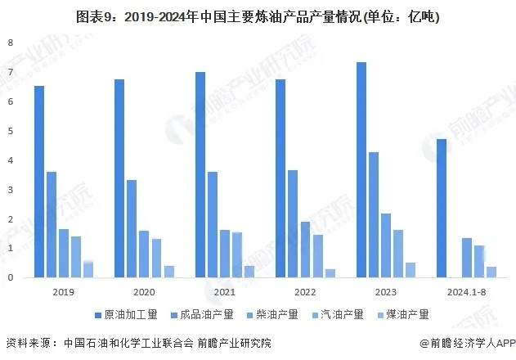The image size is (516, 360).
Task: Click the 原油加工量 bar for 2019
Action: pos(39,182)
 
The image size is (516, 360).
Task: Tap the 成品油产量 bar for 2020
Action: pos(132,229)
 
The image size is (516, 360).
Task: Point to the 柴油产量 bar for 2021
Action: pos(224,254)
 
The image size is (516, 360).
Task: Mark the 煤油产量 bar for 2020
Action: pos(169,272)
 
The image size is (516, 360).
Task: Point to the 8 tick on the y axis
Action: pos(10,43)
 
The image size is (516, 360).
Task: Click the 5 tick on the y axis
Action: pos(10,131)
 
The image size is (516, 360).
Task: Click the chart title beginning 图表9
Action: pos(258,16)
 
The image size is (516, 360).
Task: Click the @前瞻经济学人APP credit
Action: pos(462,343)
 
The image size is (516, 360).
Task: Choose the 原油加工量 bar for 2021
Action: pos(200,175)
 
